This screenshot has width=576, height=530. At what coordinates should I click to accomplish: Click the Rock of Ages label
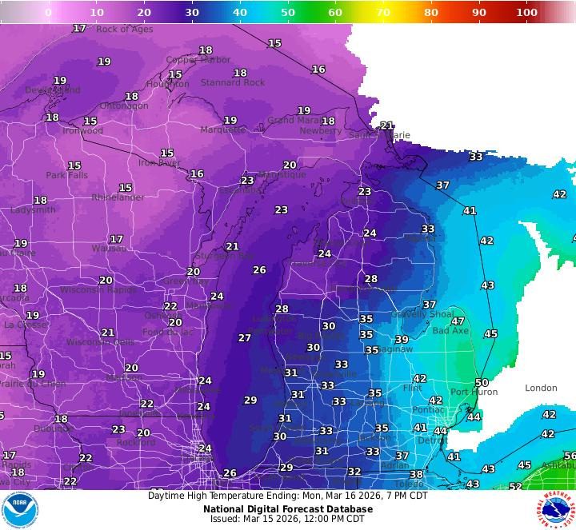[x=124, y=30]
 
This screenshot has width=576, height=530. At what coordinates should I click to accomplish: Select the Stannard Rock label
[x=233, y=82]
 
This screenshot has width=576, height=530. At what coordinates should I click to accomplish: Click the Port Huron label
[x=474, y=392]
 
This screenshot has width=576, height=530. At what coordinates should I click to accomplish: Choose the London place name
[x=541, y=388]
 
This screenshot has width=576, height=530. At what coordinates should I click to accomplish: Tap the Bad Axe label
[x=450, y=330]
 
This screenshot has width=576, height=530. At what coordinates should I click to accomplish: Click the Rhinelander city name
[x=118, y=197]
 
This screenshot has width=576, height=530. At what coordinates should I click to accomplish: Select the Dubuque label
[x=53, y=428]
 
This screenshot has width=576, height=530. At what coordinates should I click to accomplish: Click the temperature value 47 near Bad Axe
[x=458, y=321]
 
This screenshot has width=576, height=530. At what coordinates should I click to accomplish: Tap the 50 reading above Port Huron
[x=481, y=383]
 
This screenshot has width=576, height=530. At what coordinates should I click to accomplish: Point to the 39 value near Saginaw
[x=402, y=340]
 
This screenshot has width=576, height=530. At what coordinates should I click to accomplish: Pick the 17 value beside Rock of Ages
[x=79, y=28]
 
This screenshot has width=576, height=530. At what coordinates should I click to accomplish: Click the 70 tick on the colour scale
[x=383, y=13]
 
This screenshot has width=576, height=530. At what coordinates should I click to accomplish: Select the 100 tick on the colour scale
[x=526, y=13]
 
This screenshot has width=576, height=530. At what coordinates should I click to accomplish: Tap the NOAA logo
[x=20, y=510]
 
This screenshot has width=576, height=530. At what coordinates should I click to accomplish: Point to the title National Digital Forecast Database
[x=287, y=508]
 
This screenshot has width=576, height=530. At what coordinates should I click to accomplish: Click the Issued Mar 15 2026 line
[x=287, y=519]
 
